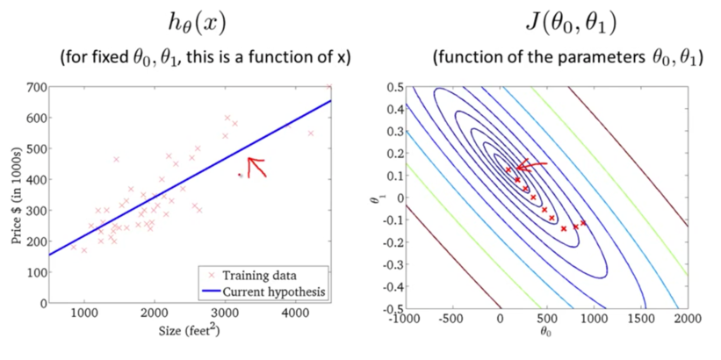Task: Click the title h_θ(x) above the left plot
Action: coord(204,23)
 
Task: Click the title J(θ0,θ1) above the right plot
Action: coord(565,23)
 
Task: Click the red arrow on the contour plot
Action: coord(532,164)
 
